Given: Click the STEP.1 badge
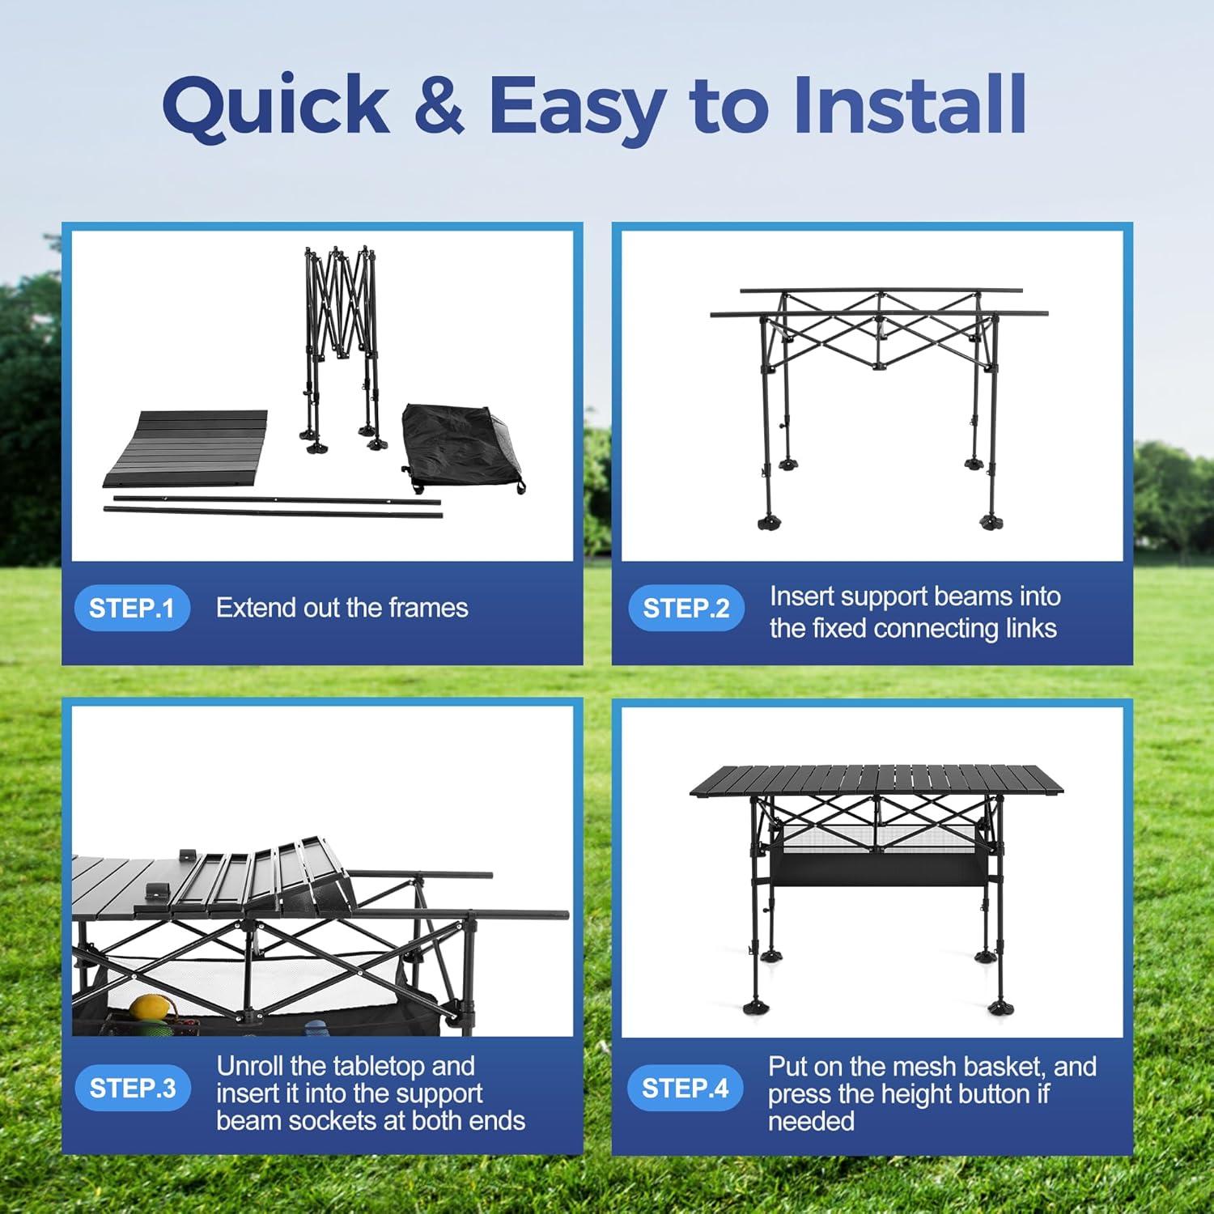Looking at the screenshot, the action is pos(132,608).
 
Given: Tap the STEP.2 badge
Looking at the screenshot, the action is pos(686,608).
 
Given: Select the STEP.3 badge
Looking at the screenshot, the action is pos(132,1088).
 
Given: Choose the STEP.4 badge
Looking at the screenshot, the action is pos(686,1088).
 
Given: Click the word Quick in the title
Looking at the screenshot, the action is pos(276,105).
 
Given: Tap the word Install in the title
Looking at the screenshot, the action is pos(910,104).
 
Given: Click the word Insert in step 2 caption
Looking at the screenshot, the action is pos(804,596).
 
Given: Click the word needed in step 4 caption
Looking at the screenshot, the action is pos(811,1121).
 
